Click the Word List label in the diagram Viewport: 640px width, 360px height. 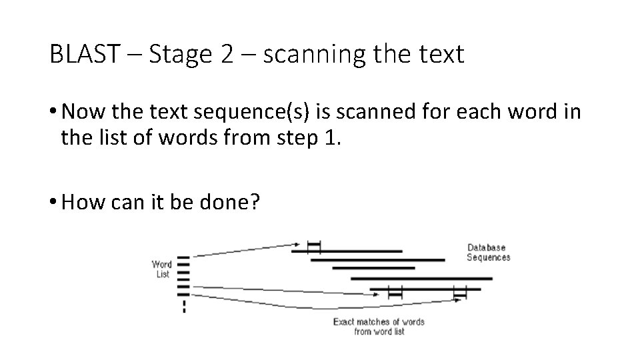coord(162,269)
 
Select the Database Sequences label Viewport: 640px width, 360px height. coord(488,253)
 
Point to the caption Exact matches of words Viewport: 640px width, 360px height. coord(378,322)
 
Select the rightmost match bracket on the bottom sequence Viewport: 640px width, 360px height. coord(459,293)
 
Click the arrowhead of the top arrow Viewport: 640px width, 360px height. coord(295,245)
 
